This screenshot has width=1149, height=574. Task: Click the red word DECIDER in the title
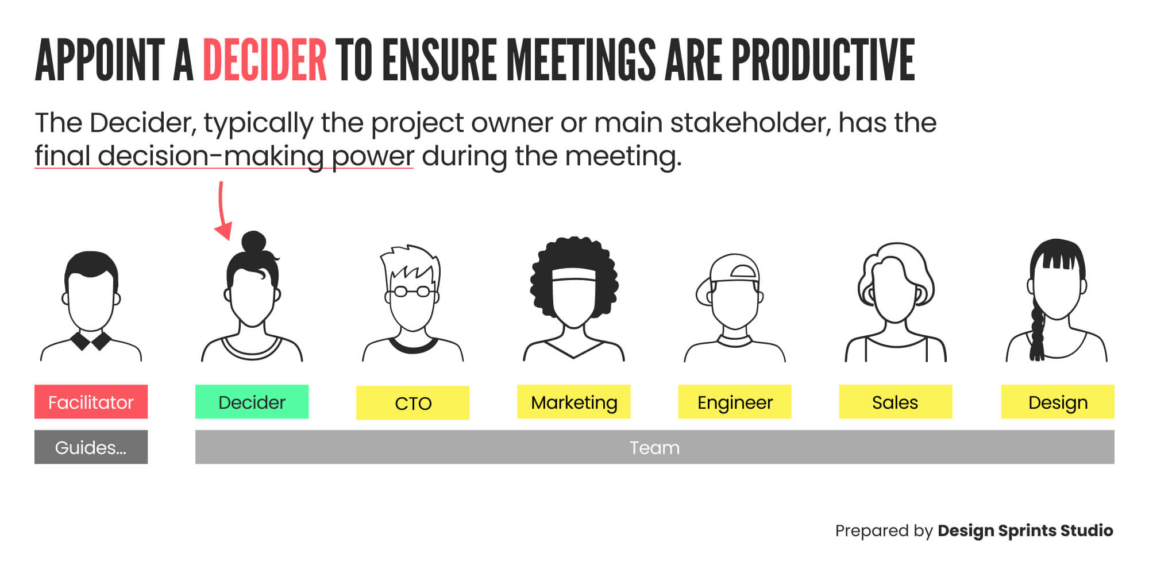click(265, 60)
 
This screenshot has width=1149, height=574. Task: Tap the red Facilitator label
click(91, 402)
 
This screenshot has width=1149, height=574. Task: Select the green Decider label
click(252, 402)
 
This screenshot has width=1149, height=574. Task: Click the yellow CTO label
click(412, 403)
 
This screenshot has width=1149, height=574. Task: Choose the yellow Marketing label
click(573, 402)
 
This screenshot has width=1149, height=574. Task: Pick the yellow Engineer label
click(734, 402)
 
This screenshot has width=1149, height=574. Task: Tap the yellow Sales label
click(895, 402)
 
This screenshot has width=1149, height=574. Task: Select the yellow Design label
click(1057, 402)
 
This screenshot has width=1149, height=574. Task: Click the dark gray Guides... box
click(91, 447)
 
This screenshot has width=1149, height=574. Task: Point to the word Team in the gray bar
click(654, 447)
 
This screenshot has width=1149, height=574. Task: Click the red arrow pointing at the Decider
click(222, 212)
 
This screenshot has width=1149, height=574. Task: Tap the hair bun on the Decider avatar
click(253, 242)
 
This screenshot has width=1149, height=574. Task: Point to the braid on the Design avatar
click(1037, 333)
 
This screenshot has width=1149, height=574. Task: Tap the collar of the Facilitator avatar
click(91, 340)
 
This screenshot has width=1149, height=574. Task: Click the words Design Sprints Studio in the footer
click(1025, 530)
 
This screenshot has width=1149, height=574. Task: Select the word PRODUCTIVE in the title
click(823, 60)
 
